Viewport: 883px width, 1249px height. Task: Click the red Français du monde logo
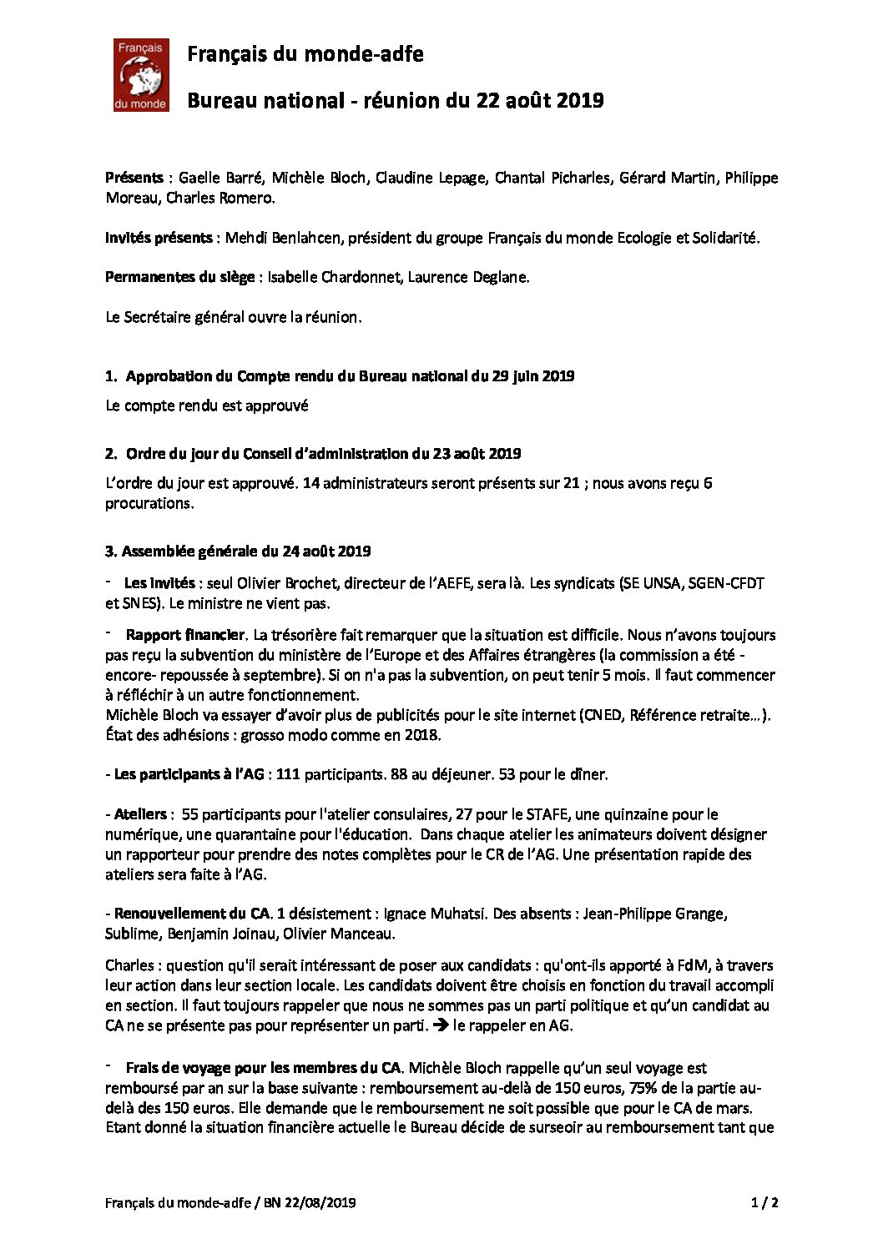click(141, 75)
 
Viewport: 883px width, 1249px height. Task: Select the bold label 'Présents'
click(134, 178)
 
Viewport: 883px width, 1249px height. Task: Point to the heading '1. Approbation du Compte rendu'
click(340, 375)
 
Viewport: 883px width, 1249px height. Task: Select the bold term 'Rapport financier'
click(184, 635)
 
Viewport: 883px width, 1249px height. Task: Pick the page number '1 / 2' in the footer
click(763, 1202)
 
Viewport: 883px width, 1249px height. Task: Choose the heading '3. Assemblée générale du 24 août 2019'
click(238, 551)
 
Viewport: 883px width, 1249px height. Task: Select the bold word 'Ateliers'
click(140, 813)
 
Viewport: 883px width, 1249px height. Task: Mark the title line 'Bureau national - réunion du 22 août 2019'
click(395, 101)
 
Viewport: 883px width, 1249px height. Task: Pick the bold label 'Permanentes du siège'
click(179, 277)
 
